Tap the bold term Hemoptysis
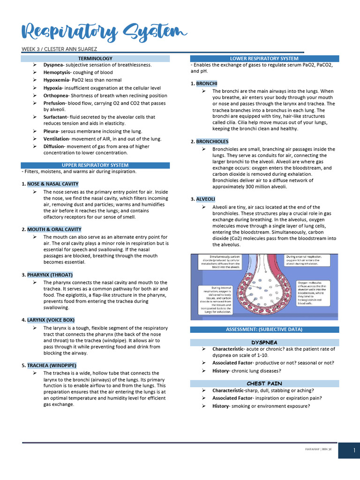(x=57, y=73)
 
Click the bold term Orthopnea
(x=57, y=96)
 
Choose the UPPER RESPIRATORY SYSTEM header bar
(x=95, y=165)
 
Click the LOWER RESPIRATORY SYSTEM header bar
(x=264, y=59)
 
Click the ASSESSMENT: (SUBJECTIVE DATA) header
(x=264, y=330)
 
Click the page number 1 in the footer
(x=349, y=451)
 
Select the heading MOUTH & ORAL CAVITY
(x=54, y=229)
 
